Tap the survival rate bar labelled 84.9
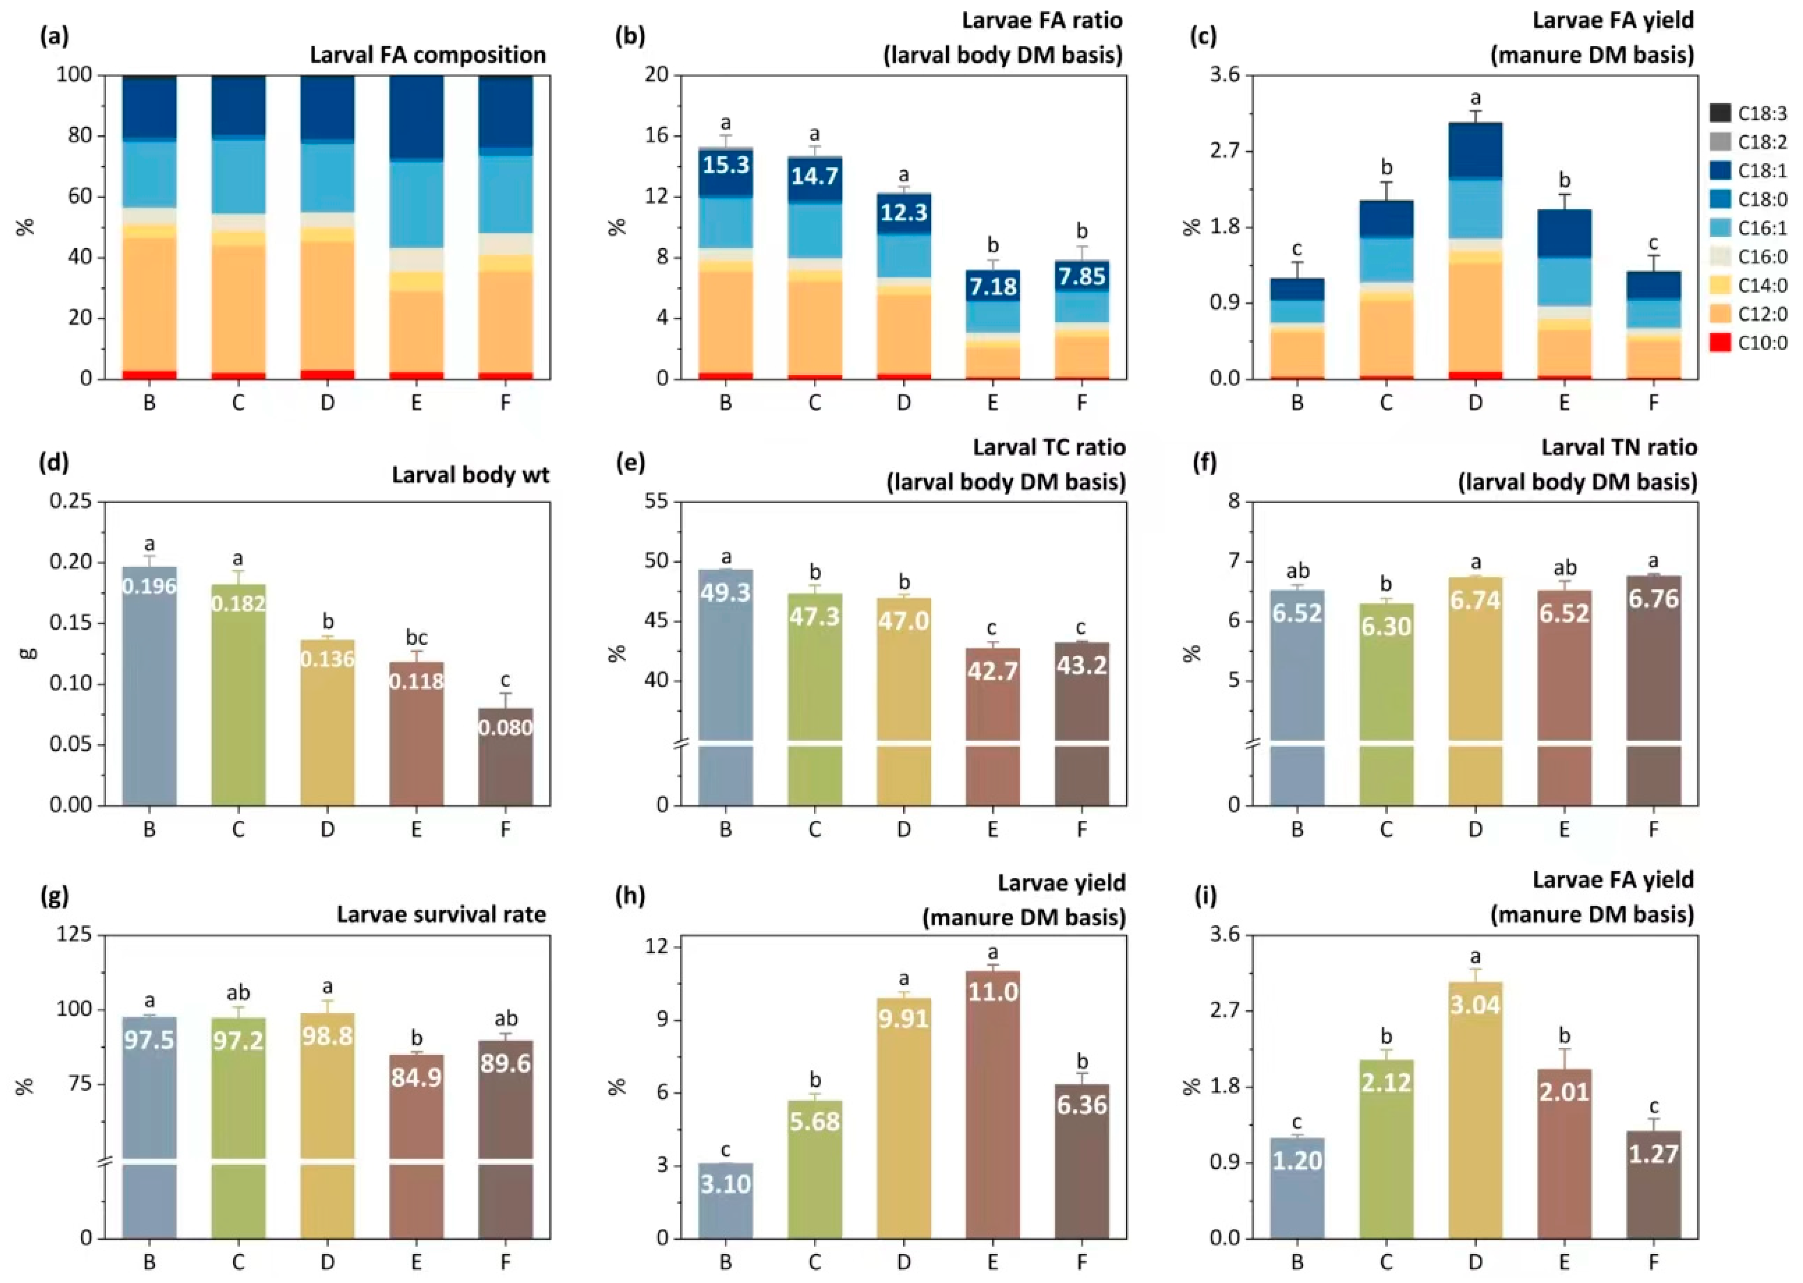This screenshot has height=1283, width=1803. [x=416, y=1146]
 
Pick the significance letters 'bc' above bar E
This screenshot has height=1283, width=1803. [x=416, y=638]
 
